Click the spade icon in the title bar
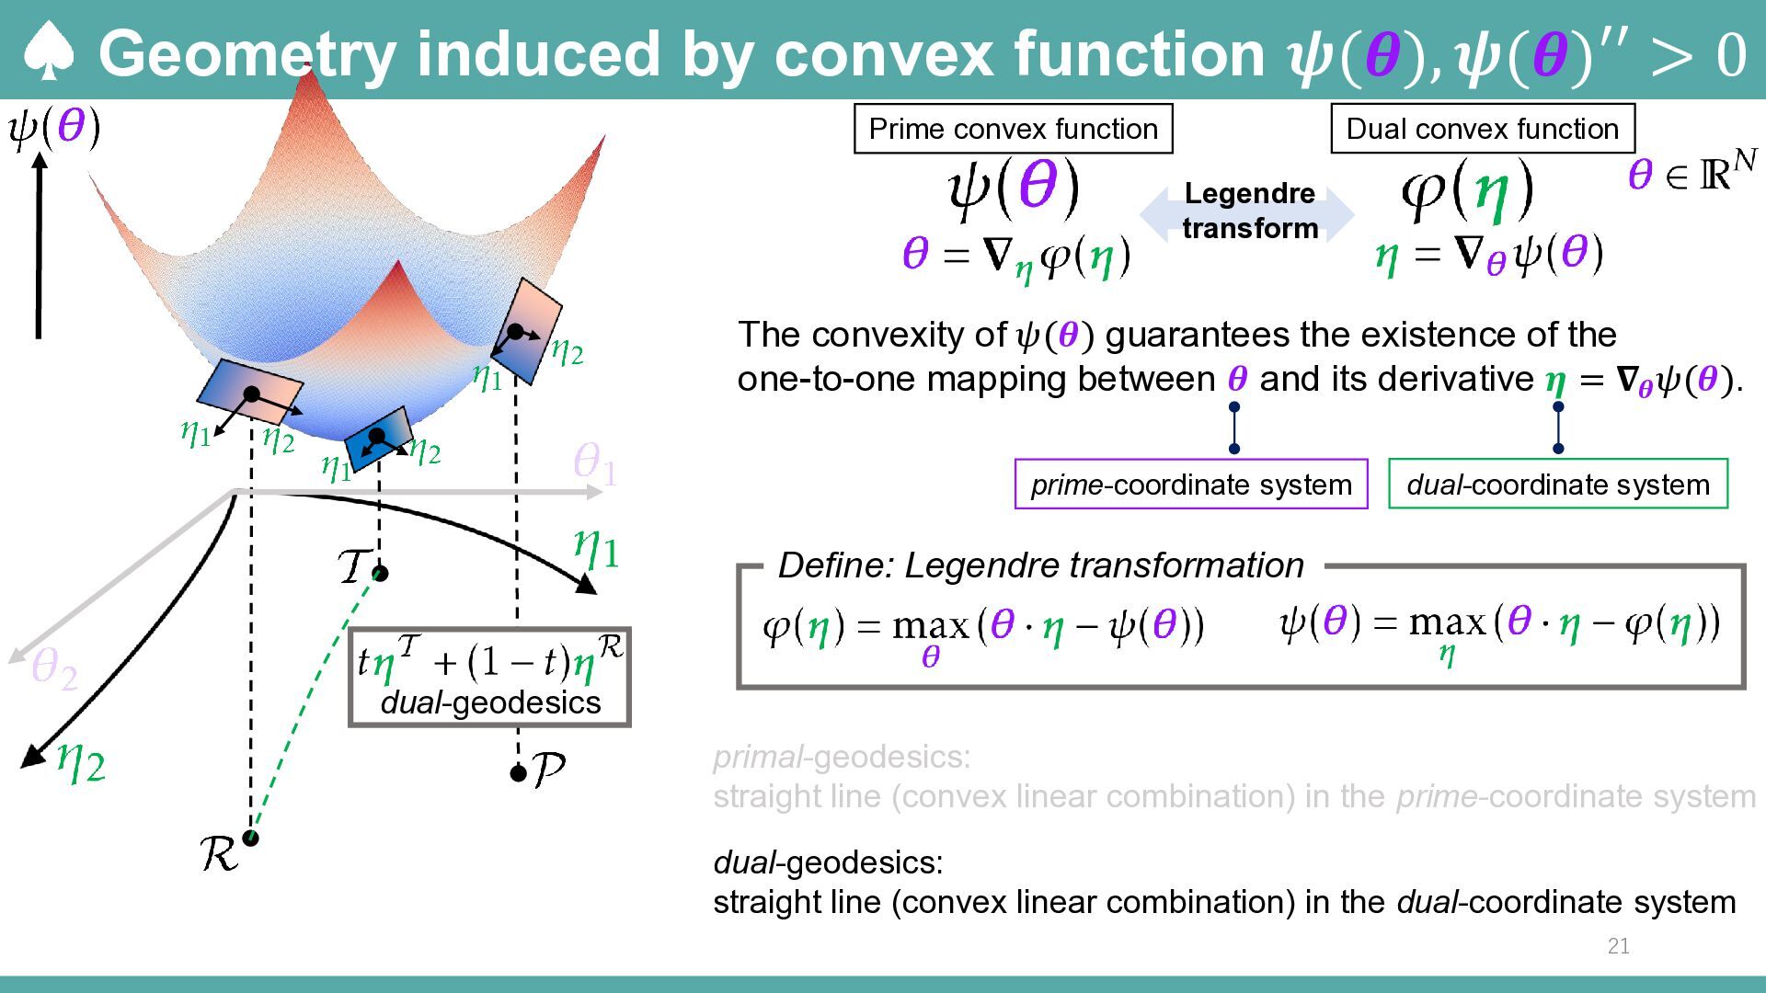coord(48,51)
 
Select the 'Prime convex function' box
coord(1013,129)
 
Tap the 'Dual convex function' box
coord(1482,129)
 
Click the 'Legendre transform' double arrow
coord(1247,212)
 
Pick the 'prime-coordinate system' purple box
coord(1191,484)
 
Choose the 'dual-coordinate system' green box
coord(1558,484)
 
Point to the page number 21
coord(1619,946)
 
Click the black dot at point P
coord(518,773)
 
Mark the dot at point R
coord(250,838)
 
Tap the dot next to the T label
coord(380,574)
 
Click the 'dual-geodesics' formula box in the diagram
coord(490,678)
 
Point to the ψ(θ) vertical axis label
coord(54,128)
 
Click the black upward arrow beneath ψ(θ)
coord(39,245)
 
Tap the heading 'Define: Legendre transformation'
coord(1040,565)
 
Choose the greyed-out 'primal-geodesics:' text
coord(842,757)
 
